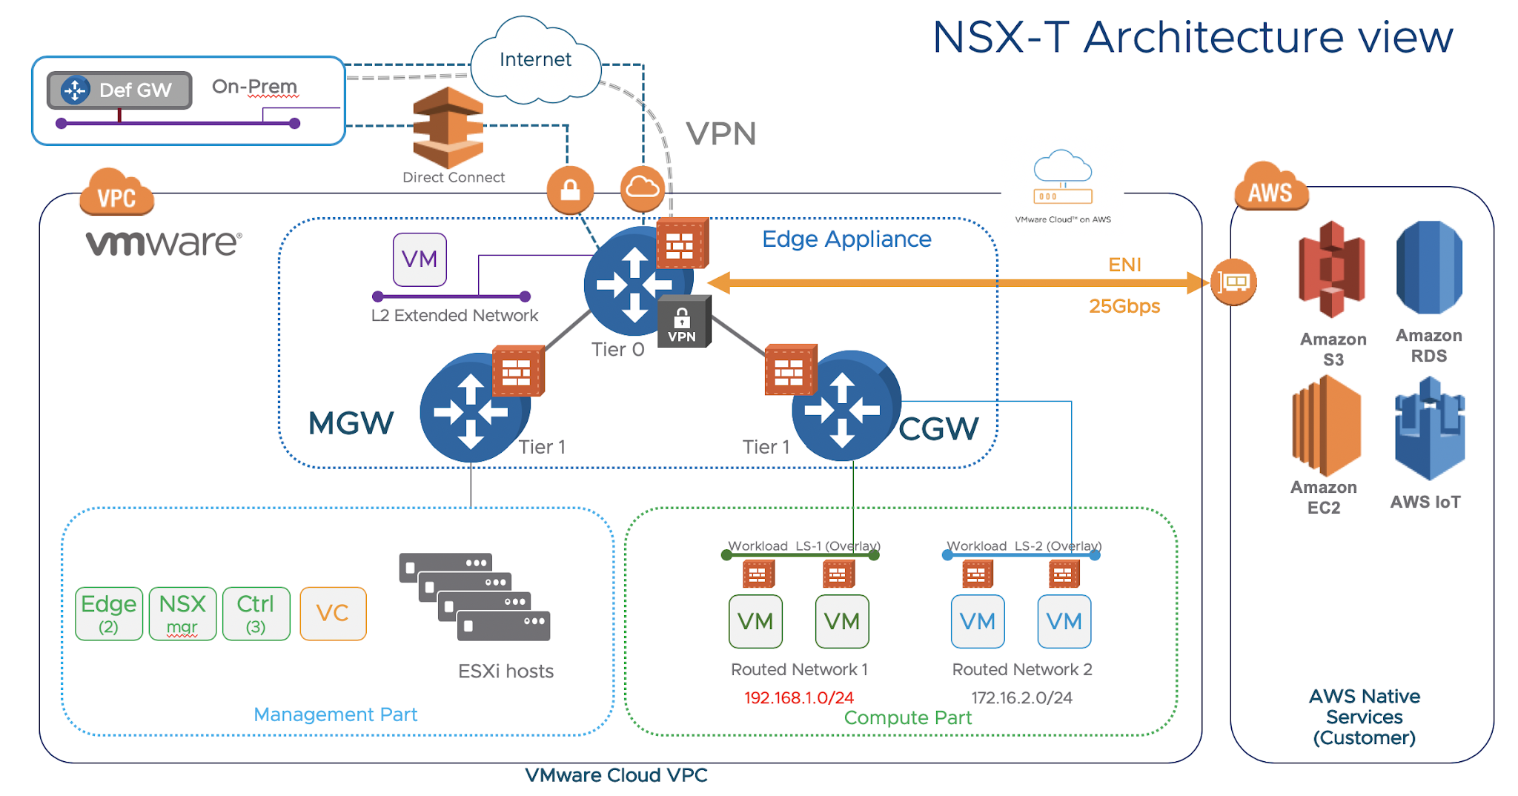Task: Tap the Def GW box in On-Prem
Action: point(120,90)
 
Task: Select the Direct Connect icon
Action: point(448,127)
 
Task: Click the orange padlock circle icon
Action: point(570,190)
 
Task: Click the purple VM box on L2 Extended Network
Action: point(420,259)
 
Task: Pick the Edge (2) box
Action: point(109,613)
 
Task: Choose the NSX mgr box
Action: point(182,613)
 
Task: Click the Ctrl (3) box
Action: point(256,613)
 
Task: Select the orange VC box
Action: point(333,613)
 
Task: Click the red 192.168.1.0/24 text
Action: point(798,697)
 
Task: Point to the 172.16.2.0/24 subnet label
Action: point(1021,697)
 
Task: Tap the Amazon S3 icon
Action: point(1332,270)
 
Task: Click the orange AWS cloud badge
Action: point(1270,188)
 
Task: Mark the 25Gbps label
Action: point(1124,305)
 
